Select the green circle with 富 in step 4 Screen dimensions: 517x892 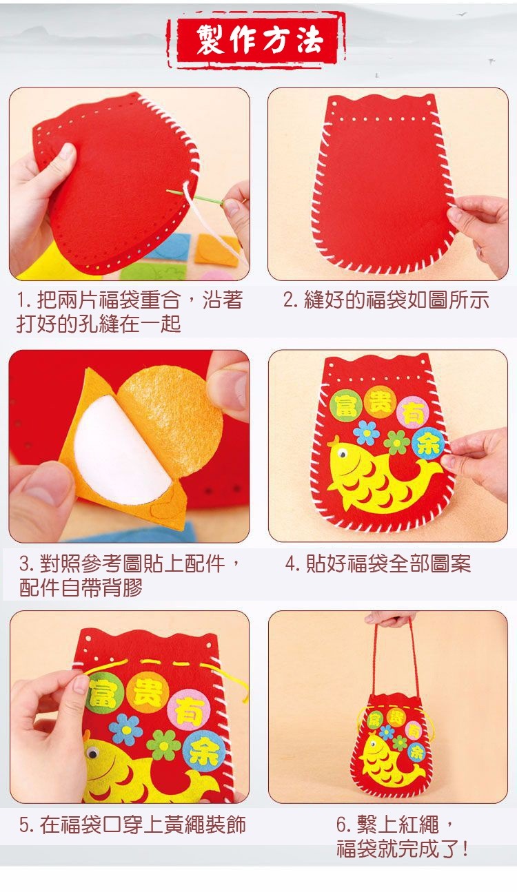coord(345,405)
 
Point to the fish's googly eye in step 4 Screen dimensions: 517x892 coord(343,454)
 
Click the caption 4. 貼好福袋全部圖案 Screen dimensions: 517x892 coord(378,563)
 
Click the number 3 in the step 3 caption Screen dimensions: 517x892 coord(25,564)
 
